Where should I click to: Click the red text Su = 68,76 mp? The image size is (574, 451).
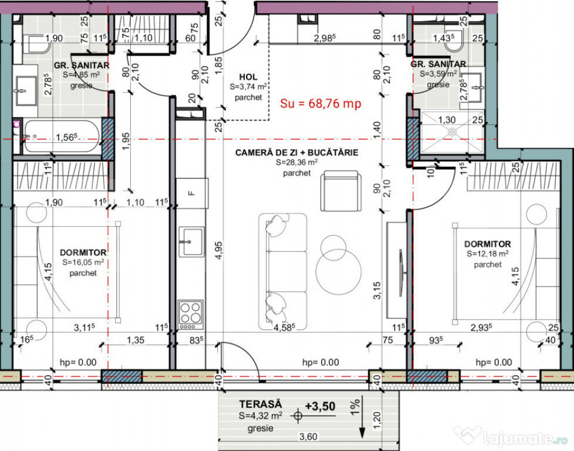[320, 103]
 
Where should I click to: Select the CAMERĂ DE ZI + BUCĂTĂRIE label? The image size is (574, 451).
[296, 153]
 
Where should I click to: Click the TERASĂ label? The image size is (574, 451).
[260, 405]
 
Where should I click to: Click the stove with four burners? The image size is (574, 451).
[191, 314]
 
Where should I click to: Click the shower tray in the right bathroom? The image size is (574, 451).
[452, 132]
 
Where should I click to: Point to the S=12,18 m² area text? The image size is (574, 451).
[487, 254]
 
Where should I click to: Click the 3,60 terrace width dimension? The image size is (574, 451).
[308, 436]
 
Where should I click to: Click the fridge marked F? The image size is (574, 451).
[190, 192]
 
